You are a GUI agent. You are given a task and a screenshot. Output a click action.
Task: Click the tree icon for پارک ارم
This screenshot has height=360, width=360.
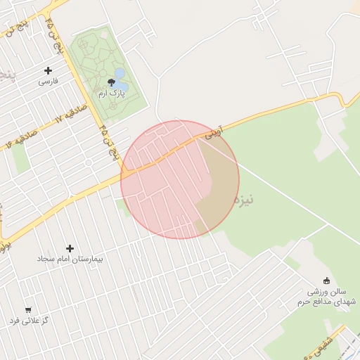tap(111, 82)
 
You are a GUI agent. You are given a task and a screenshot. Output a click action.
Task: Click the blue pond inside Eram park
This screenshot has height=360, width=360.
tap(120, 74)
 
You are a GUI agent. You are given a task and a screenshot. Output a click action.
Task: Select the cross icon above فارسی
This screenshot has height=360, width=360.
tap(48, 70)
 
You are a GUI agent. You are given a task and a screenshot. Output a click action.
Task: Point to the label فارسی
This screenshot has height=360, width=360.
tap(48, 82)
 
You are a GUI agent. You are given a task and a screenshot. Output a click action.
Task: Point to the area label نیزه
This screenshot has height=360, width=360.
tap(245, 199)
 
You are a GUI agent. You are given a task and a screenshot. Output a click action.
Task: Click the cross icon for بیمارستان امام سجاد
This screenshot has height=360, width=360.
tap(70, 248)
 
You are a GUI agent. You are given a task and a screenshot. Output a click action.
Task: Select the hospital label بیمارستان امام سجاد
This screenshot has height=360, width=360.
tap(70, 259)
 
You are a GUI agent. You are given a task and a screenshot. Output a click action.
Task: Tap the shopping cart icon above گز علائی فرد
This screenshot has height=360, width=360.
tap(28, 309)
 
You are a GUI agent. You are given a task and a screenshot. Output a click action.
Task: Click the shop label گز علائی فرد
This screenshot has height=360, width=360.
tap(29, 321)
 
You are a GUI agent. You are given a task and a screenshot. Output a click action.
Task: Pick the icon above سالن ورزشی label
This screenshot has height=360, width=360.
tap(326, 281)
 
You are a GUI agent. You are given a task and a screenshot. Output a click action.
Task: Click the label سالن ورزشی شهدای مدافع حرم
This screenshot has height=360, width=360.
tap(332, 296)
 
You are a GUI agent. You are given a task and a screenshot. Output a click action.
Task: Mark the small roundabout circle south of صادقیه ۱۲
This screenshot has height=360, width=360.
tap(89, 162)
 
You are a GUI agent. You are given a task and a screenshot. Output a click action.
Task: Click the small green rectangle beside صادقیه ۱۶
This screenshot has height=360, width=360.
tap(20, 158)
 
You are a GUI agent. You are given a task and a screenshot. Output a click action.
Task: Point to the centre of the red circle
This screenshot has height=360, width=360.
tap(180, 179)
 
